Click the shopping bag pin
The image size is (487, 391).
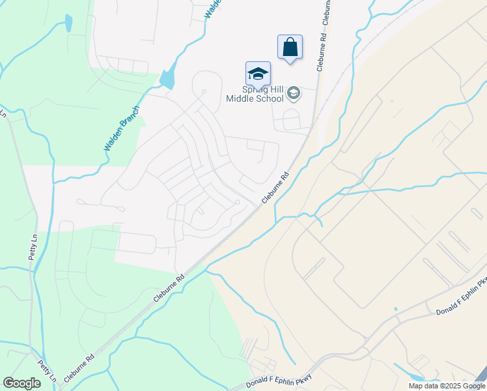290,48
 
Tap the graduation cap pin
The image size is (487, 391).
258,74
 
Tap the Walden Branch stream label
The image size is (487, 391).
122,128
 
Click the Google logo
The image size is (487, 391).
21,383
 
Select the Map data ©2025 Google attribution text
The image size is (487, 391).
447,386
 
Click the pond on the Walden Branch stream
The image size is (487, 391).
168,78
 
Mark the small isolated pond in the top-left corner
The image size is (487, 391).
68,23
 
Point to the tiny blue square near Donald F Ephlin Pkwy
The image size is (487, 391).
395,308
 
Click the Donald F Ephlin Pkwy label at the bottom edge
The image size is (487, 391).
280,382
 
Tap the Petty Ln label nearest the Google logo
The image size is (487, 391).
46,372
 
